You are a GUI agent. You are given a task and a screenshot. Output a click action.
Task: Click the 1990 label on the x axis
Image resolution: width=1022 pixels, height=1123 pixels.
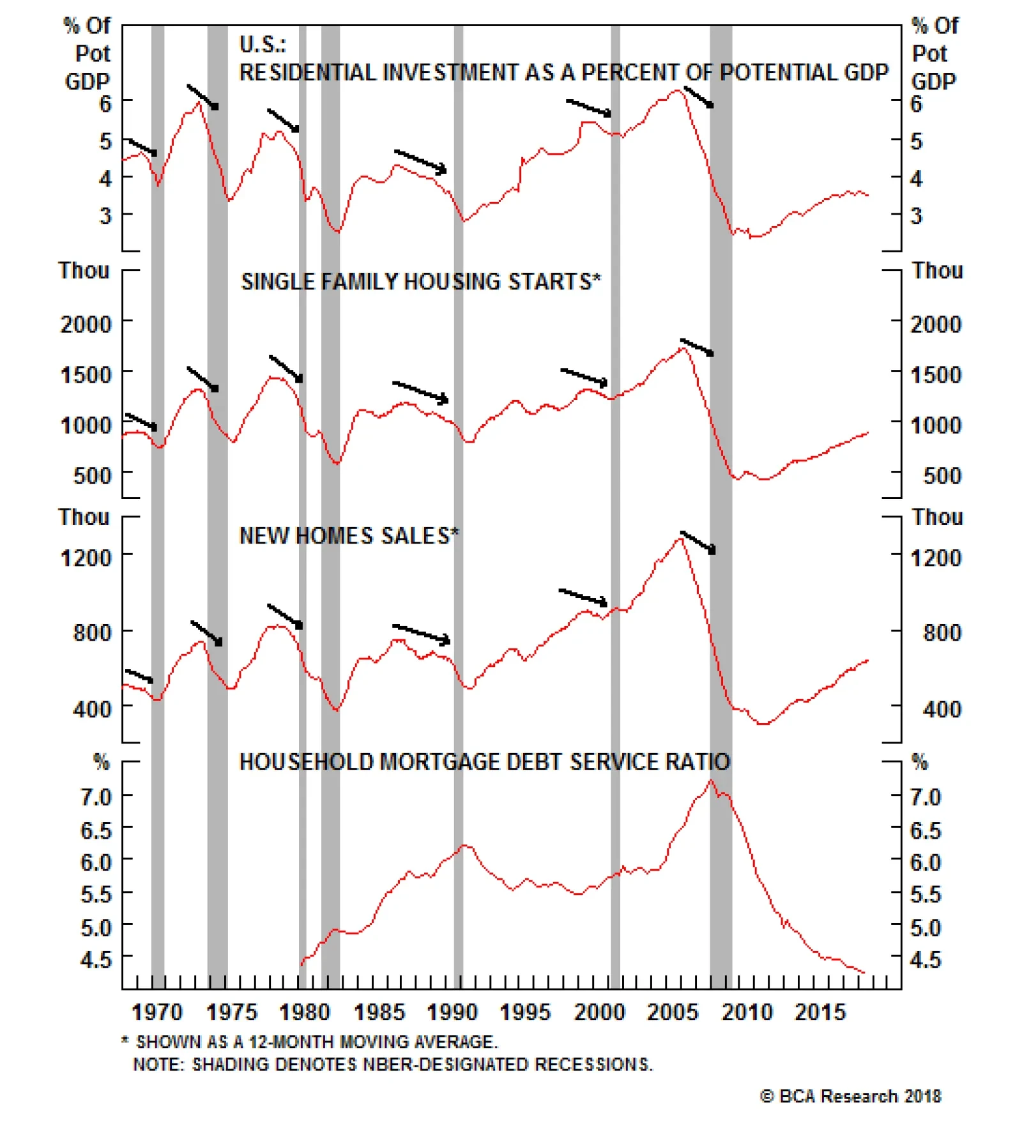[x=452, y=1012]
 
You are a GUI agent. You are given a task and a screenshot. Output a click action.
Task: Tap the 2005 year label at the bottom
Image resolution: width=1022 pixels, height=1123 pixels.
[x=673, y=1012]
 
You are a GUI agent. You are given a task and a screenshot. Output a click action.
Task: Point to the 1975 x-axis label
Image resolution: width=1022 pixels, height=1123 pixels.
[x=231, y=1012]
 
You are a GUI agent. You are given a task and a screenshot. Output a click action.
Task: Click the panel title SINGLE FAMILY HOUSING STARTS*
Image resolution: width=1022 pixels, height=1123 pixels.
[x=421, y=282]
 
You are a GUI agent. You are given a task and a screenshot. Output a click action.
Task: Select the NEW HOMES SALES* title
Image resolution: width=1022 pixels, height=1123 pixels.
[x=349, y=535]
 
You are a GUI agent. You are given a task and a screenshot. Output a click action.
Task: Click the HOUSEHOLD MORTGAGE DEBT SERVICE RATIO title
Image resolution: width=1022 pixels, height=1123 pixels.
[x=484, y=761]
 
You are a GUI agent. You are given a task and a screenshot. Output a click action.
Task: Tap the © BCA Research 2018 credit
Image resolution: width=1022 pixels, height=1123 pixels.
[x=850, y=1096]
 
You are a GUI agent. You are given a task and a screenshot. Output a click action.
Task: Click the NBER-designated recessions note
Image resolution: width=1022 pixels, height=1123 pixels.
[x=393, y=1064]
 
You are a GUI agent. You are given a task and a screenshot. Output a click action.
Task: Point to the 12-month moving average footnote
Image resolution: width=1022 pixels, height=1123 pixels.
[x=310, y=1042]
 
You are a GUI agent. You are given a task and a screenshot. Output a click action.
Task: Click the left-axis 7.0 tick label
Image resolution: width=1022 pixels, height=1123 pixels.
[x=96, y=797]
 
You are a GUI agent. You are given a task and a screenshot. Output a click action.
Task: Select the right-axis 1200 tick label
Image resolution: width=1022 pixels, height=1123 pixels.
[x=936, y=558]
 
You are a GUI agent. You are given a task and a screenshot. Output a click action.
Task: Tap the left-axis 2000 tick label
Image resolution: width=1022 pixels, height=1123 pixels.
[x=86, y=324]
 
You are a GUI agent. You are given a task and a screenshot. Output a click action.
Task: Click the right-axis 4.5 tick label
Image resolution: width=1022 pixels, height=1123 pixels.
[x=926, y=959]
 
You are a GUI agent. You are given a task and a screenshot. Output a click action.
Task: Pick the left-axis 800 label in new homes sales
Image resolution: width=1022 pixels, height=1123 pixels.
[x=92, y=632]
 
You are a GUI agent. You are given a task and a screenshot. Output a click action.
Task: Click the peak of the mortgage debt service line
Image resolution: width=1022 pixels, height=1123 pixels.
[x=711, y=781]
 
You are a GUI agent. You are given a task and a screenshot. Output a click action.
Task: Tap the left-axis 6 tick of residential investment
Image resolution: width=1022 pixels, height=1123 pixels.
[x=105, y=103]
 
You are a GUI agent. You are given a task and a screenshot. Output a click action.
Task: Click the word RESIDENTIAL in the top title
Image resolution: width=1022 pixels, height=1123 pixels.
[x=309, y=72]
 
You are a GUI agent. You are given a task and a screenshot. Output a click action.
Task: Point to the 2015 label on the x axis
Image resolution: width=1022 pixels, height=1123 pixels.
[x=820, y=1012]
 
